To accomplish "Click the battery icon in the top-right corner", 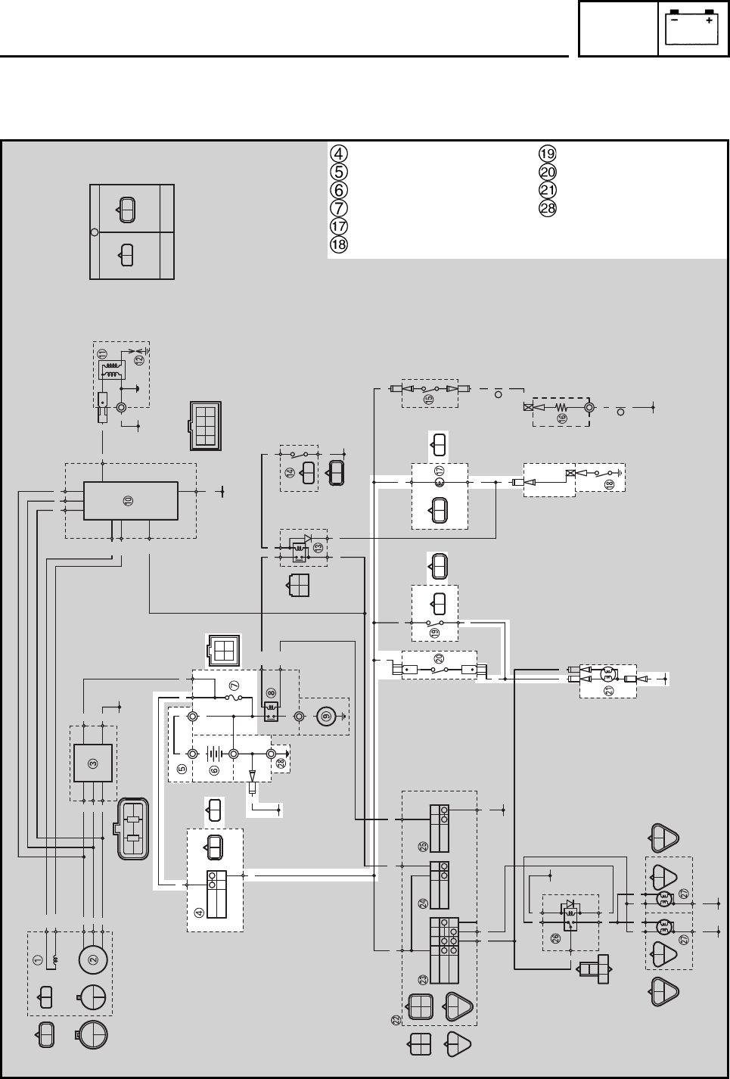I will point(691,28).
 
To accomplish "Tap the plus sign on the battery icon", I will point(709,21).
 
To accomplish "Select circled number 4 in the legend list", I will point(339,153).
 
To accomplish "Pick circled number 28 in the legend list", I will point(548,208).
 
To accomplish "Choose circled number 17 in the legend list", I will point(339,226).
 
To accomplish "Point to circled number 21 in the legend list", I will point(548,190).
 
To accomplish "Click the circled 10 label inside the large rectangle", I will point(129,501).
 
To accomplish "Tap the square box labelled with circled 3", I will point(93,763).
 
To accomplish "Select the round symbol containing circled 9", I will point(326,715).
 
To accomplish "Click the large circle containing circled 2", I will point(93,959).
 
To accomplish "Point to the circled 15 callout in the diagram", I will point(429,400).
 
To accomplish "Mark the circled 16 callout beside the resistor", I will point(562,417).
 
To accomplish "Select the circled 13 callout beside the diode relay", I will point(318,547).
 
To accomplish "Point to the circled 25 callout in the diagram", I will point(423,846).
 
